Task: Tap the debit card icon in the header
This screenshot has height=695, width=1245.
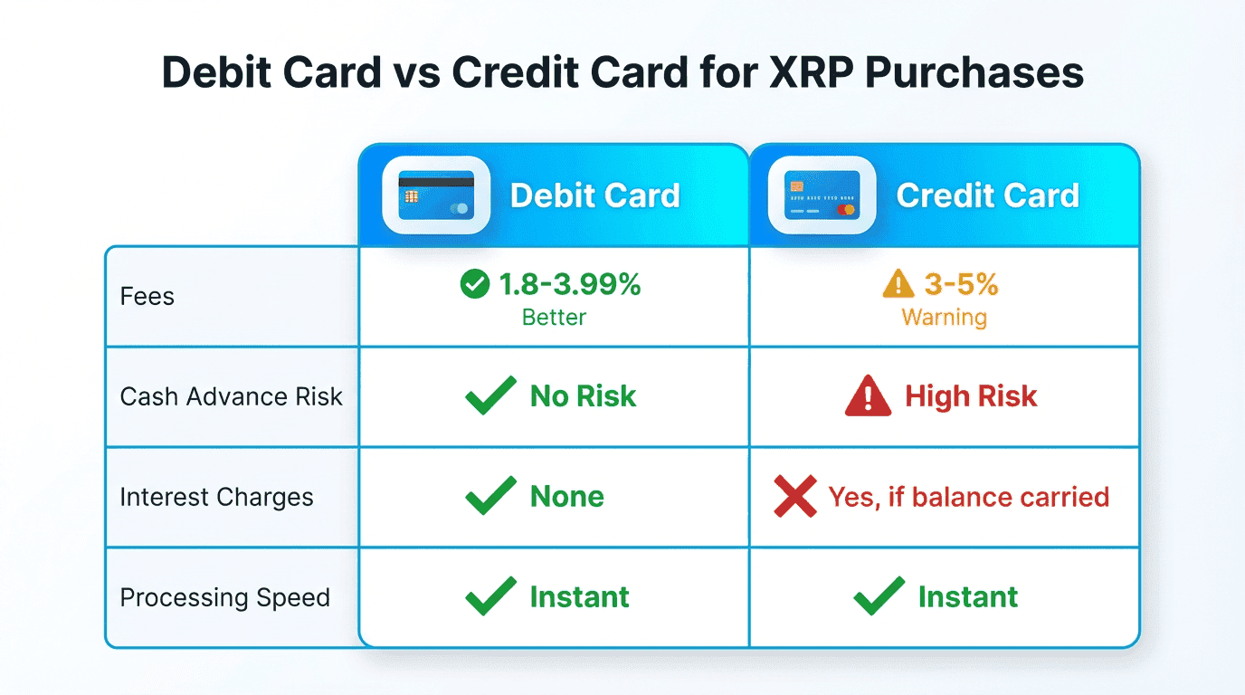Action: coord(436,195)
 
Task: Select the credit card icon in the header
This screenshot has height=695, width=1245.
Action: coord(822,195)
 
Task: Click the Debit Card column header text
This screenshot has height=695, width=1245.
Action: coord(594,195)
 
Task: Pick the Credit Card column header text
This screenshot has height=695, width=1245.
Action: coord(987,195)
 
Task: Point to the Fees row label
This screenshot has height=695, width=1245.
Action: coord(147,296)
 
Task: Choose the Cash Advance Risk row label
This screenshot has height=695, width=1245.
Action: coord(232,396)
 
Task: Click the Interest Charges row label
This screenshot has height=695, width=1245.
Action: coord(217,497)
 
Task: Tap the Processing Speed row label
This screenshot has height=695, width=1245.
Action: coord(225,597)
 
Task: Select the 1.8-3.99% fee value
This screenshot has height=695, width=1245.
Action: coord(570,285)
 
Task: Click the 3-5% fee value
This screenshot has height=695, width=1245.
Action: coord(961,285)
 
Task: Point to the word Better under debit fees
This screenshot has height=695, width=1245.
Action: coord(554,318)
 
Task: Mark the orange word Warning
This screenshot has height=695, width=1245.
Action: coord(944,318)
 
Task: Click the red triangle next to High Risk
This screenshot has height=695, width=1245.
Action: coord(868,396)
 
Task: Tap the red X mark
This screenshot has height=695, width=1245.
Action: coord(795,497)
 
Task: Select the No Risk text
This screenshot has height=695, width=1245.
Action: coord(583,396)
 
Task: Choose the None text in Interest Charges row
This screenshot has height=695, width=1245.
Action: coord(566,497)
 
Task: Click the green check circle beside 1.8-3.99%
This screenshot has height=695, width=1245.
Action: coord(474,285)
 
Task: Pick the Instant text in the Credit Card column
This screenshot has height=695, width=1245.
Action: coord(967,597)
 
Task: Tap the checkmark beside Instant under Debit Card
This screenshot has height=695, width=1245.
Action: coord(490,596)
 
